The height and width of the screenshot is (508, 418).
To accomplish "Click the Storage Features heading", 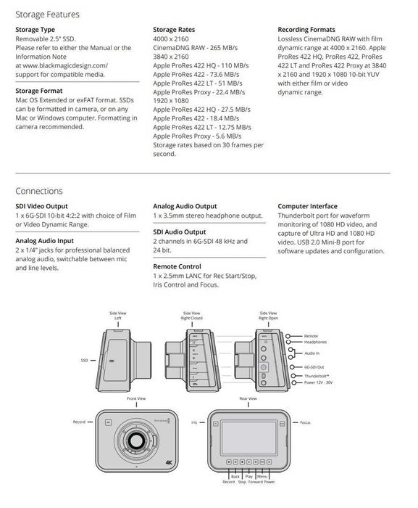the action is point(47,14).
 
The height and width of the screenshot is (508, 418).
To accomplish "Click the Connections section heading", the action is point(39,192).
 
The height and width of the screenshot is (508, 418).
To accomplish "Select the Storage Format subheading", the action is point(42,91).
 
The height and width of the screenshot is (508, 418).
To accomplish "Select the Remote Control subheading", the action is point(177,266).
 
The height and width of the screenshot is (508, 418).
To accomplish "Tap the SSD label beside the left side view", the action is point(84,360).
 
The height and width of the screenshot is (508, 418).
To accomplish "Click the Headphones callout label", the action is point(314,342).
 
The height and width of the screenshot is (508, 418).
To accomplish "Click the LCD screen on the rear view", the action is point(247,433).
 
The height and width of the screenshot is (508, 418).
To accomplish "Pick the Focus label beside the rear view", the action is point(305,422).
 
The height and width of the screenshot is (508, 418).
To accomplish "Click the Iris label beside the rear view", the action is point(193,422).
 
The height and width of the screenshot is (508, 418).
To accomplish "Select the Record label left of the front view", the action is point(79,422).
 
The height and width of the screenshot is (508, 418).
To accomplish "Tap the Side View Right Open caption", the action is point(268,316).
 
